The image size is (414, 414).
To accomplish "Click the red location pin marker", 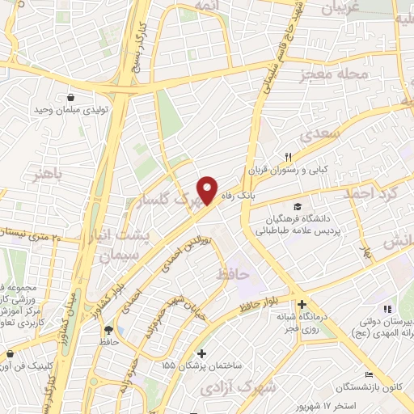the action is coord(209,189).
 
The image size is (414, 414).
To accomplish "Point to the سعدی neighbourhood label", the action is coord(317,133).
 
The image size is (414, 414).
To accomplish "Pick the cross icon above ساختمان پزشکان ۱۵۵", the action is coord(201,353).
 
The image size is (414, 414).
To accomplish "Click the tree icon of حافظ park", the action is coord(108,329).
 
